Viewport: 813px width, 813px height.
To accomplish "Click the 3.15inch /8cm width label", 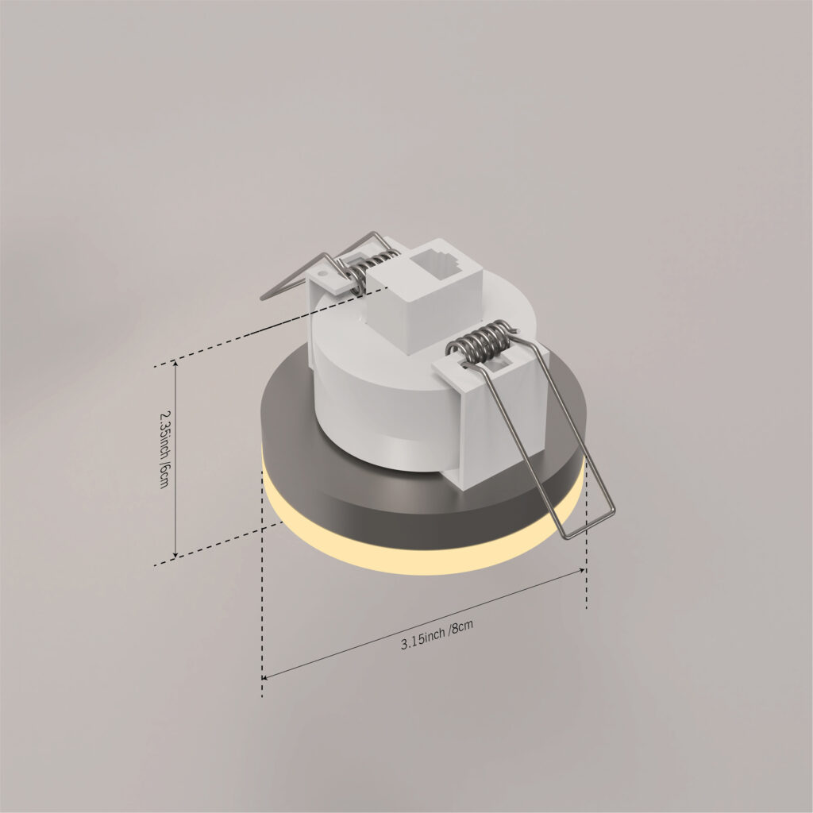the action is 437,634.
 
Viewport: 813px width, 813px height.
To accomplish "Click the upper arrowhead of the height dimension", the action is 176,364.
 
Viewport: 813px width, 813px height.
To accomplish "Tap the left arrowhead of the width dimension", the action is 265,676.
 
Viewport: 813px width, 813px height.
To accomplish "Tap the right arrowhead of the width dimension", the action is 583,570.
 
